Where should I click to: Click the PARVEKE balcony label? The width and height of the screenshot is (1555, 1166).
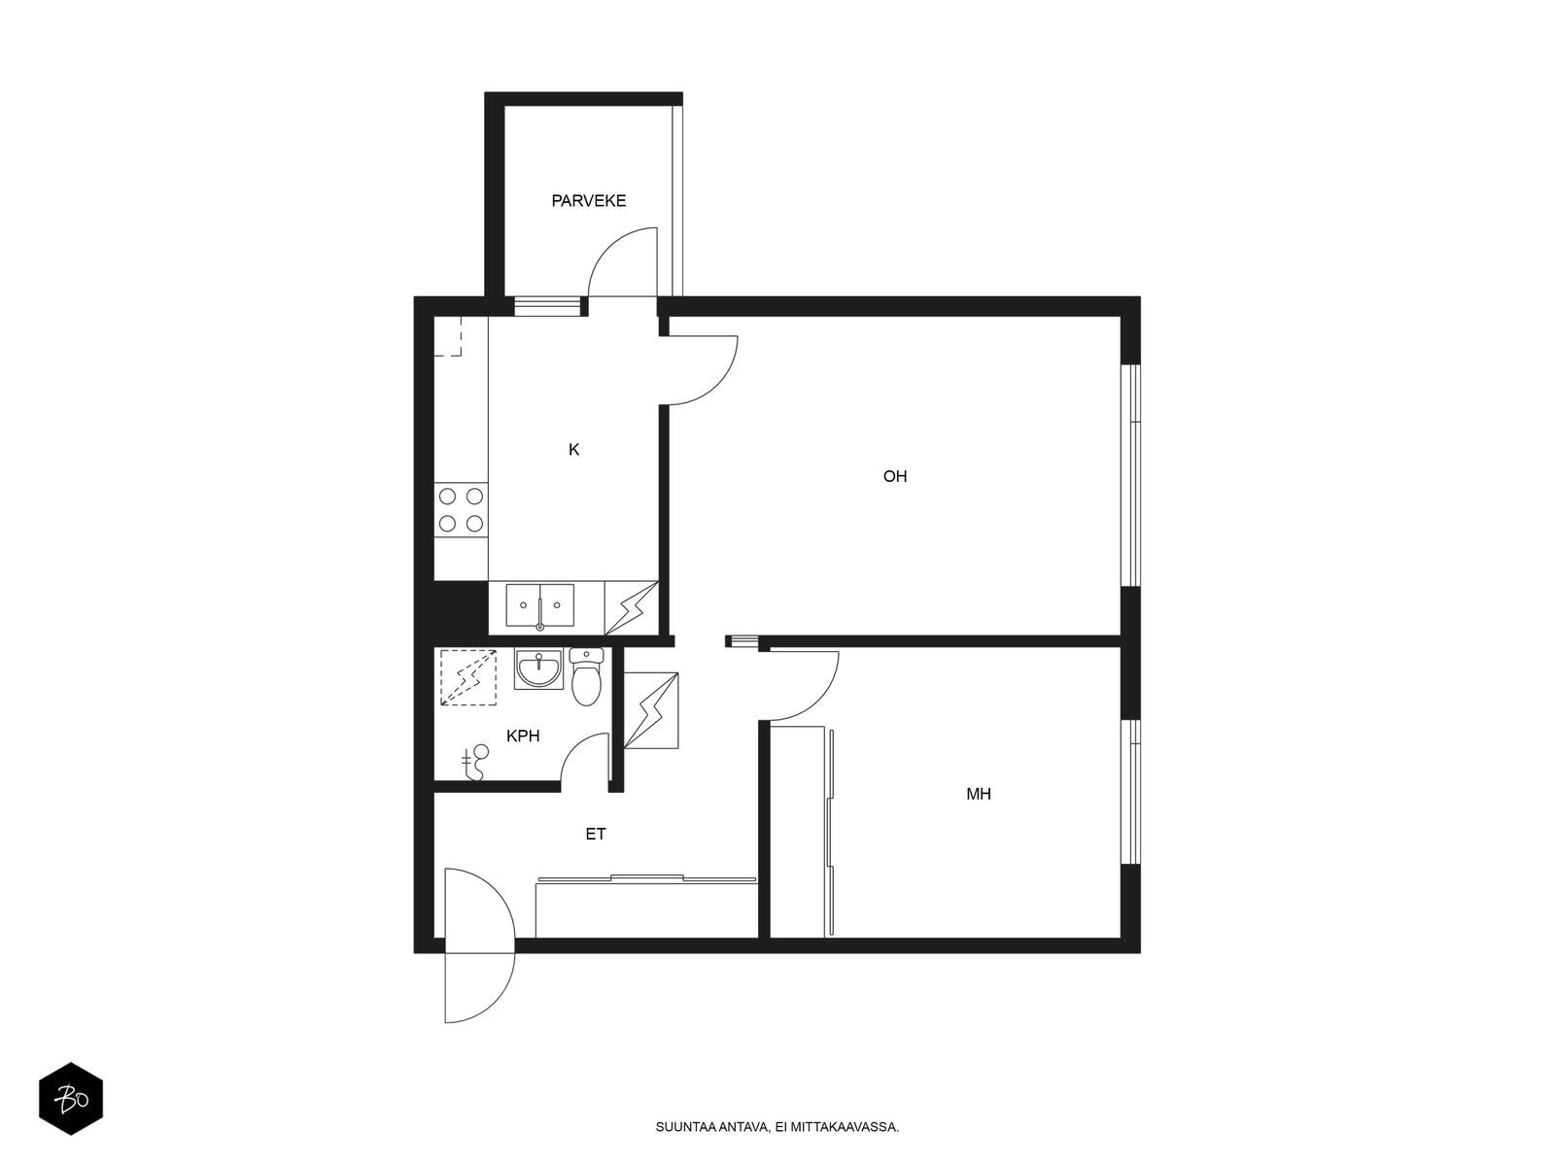pyautogui.click(x=589, y=201)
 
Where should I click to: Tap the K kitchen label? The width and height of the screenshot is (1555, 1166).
pyautogui.click(x=573, y=450)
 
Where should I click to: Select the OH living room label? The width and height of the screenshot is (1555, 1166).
pyautogui.click(x=895, y=476)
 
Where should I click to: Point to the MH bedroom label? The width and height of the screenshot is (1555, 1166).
pyautogui.click(x=979, y=794)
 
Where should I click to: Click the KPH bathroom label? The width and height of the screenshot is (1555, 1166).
pyautogui.click(x=523, y=737)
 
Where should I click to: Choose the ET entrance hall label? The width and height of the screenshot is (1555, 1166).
pyautogui.click(x=596, y=835)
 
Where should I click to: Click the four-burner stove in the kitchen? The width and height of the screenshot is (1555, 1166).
pyautogui.click(x=462, y=510)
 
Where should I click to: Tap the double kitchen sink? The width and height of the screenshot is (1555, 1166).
pyautogui.click(x=539, y=606)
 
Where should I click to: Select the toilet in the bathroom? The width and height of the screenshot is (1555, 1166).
pyautogui.click(x=586, y=676)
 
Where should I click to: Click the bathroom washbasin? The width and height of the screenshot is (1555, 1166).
pyautogui.click(x=539, y=669)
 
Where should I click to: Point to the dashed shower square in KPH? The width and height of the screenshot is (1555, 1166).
pyautogui.click(x=468, y=677)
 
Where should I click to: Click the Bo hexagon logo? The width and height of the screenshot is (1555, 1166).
pyautogui.click(x=71, y=1099)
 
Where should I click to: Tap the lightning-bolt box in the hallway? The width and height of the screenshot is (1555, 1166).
pyautogui.click(x=650, y=710)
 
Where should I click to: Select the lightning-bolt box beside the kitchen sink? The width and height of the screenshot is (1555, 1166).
pyautogui.click(x=631, y=608)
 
